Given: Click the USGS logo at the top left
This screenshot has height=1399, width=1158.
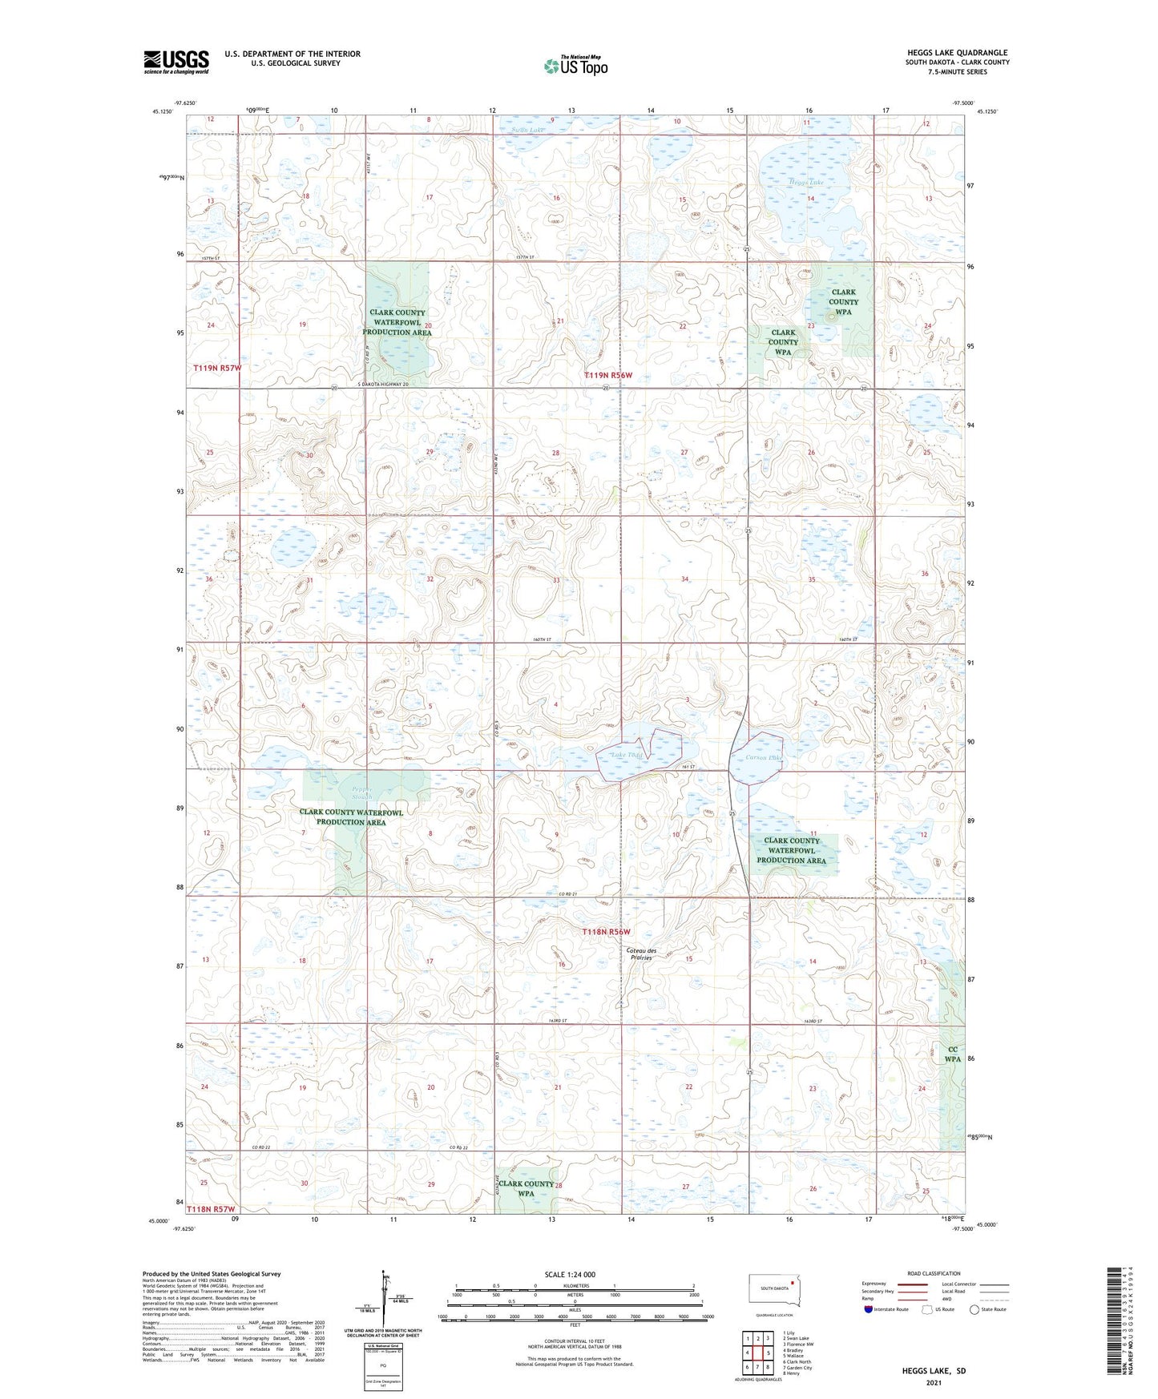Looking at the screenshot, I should (176, 62).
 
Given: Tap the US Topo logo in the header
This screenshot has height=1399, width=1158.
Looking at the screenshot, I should (575, 66).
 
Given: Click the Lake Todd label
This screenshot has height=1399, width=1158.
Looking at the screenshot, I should (627, 756).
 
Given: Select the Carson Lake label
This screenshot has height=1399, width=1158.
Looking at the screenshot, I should (762, 757).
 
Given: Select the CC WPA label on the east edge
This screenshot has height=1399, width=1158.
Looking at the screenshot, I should (952, 1054).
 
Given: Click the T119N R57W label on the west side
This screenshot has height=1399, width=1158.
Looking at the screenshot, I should (216, 368).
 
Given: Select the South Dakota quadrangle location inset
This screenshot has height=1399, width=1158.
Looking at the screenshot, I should (773, 1292).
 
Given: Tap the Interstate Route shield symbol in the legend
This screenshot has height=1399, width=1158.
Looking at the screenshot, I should (869, 1309).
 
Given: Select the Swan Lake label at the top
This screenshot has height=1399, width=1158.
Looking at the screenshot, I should (527, 130).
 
